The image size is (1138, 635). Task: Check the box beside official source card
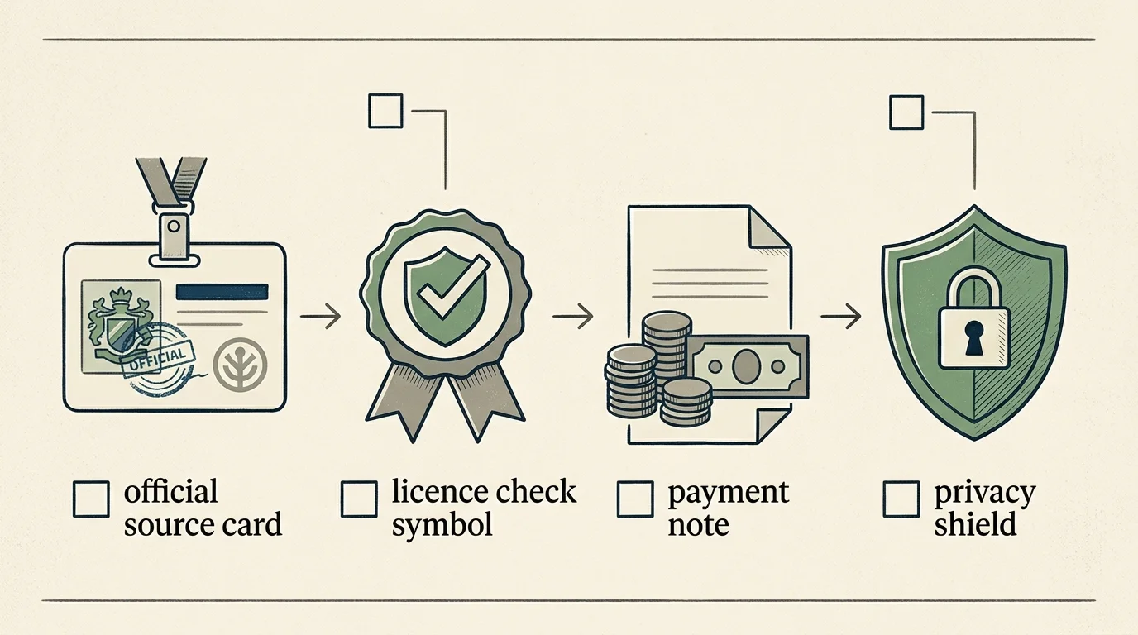(92, 499)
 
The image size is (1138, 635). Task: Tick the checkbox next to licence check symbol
(359, 499)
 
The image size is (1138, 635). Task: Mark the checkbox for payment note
(635, 499)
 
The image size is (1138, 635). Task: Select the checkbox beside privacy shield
(901, 499)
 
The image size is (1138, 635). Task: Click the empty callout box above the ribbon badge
(385, 111)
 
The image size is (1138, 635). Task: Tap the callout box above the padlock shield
(906, 112)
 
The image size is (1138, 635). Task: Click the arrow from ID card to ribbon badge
(321, 317)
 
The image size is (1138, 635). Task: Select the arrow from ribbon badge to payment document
(573, 317)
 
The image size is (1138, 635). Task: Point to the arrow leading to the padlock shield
(841, 317)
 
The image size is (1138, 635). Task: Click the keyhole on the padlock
(974, 338)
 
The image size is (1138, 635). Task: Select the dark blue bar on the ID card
(222, 292)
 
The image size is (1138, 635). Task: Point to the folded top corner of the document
(767, 227)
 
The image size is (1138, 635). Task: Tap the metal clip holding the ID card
(174, 235)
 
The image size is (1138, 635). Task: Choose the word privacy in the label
(985, 494)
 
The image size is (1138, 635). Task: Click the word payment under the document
(729, 494)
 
